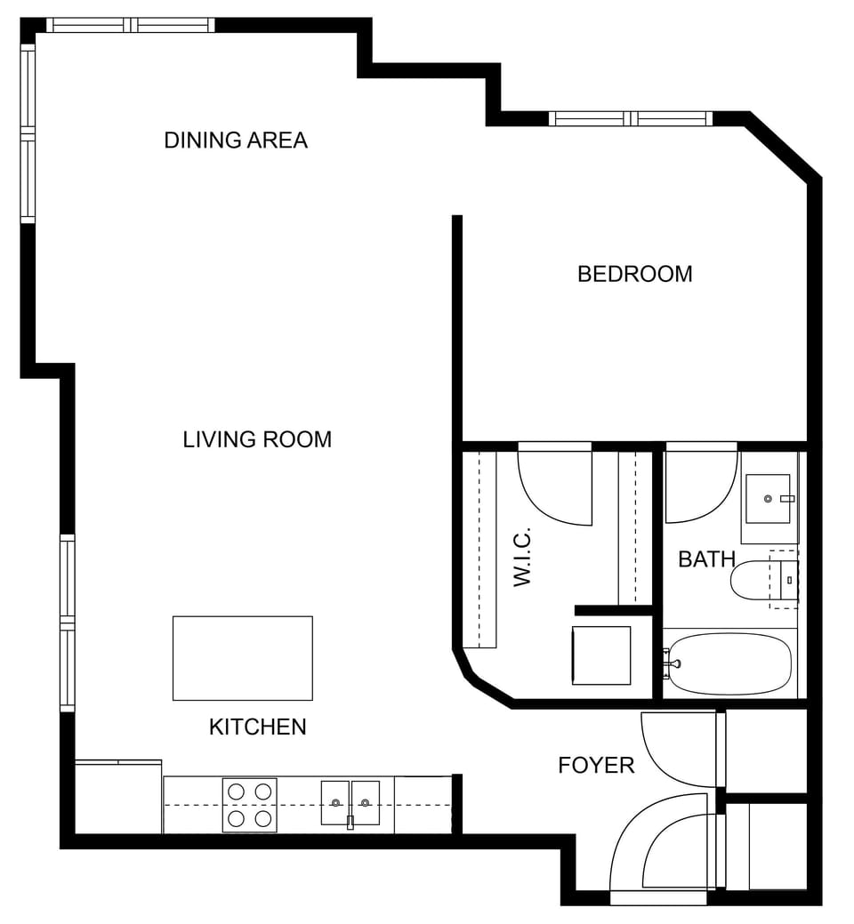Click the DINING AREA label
(x=236, y=141)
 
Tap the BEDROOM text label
(x=634, y=274)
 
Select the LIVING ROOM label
(x=257, y=439)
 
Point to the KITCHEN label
(x=257, y=727)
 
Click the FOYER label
(x=596, y=766)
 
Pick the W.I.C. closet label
(x=522, y=557)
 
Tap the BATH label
(x=706, y=559)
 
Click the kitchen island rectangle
(x=242, y=658)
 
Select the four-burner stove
(x=249, y=805)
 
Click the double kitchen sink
(x=350, y=803)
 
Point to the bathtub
(x=729, y=663)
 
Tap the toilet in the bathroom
(x=756, y=583)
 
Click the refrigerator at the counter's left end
(x=117, y=797)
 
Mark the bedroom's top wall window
(x=631, y=118)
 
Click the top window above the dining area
(x=131, y=25)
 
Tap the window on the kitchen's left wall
(x=68, y=623)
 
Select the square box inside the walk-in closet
(x=600, y=655)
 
